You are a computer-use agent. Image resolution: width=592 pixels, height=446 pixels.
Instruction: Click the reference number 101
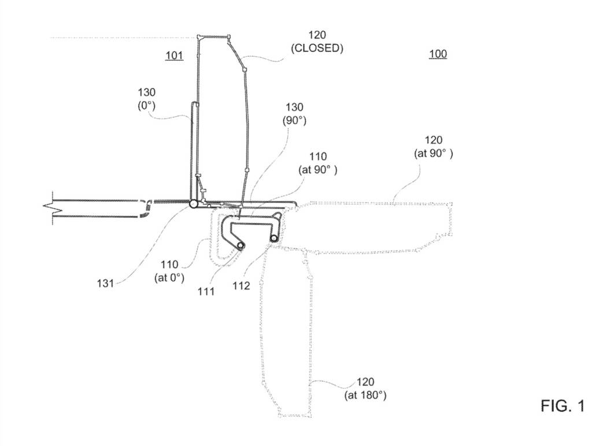(x=174, y=55)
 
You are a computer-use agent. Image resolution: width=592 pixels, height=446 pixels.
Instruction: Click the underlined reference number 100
(x=438, y=55)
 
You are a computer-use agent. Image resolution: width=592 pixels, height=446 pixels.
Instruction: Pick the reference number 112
(x=242, y=285)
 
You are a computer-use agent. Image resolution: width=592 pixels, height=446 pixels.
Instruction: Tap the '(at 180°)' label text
(x=365, y=395)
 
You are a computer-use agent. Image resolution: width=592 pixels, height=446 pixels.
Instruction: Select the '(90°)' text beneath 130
(x=294, y=121)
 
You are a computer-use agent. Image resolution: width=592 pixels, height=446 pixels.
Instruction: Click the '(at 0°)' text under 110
(x=169, y=277)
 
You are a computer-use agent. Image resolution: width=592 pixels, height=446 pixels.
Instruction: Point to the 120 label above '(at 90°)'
(x=434, y=140)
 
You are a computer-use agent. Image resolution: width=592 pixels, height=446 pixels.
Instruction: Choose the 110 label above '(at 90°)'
(x=318, y=157)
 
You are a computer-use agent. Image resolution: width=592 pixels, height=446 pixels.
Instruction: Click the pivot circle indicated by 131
(x=193, y=204)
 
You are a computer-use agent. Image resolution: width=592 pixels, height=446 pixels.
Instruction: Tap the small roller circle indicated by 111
(x=240, y=246)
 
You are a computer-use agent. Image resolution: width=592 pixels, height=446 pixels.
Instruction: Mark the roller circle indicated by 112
(x=275, y=238)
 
